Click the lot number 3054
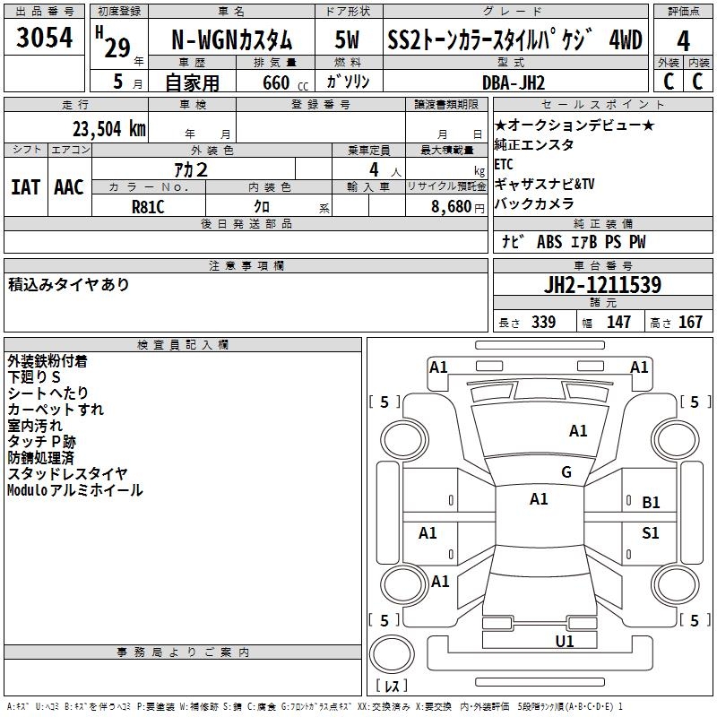[x=44, y=37]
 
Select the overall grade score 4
[x=683, y=41]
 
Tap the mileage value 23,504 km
[x=109, y=129]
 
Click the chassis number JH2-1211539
[x=602, y=285]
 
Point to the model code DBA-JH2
[x=514, y=82]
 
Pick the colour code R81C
[x=148, y=207]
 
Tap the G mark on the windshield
[x=566, y=472]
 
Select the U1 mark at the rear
[x=565, y=642]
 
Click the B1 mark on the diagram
[x=651, y=503]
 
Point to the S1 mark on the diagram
[x=651, y=532]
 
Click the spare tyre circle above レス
[x=392, y=653]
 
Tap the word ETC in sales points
[x=504, y=164]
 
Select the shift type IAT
[x=26, y=187]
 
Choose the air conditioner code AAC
[x=69, y=187]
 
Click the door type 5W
[x=347, y=39]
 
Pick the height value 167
[x=690, y=322]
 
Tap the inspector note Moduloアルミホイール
[x=75, y=490]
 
